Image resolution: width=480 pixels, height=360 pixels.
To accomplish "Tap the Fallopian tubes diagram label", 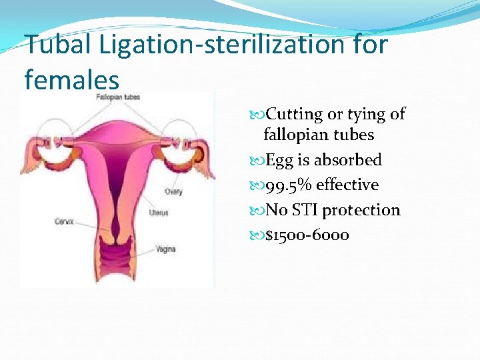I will pos(118,97).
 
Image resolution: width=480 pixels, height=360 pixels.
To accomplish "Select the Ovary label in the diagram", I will pos(174,191).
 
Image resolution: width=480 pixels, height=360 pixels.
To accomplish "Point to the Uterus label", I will pos(159,213).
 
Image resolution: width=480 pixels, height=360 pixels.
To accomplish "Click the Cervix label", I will pos(64,221).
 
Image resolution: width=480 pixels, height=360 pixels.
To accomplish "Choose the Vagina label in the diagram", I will pos(165,249).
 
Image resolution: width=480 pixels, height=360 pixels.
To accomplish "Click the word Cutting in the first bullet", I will pos(295,115).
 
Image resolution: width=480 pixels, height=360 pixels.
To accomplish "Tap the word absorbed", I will pos(347,160).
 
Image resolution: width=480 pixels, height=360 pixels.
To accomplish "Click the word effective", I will pos(347,185).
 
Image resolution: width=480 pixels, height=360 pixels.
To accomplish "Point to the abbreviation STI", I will pos(306,210).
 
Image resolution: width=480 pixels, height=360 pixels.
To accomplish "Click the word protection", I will pos(361,210).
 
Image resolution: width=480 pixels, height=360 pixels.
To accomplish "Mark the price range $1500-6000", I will pos(307,235).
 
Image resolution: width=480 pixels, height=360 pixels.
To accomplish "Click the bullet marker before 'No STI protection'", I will pos(259,211).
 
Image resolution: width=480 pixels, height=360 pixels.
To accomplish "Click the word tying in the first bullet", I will pos(369,115).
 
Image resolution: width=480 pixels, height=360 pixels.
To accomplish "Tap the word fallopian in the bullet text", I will pos(298,135).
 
